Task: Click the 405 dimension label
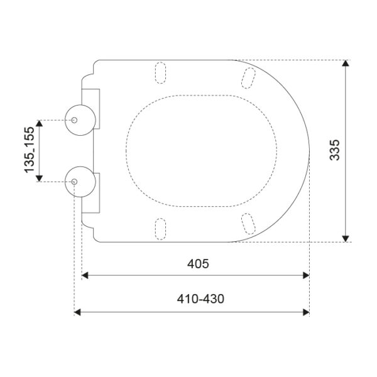pyautogui.click(x=198, y=264)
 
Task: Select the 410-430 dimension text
pyautogui.click(x=200, y=299)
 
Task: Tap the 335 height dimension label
pyautogui.click(x=334, y=150)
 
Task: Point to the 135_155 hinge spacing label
pyautogui.click(x=30, y=150)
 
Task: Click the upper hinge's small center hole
pyautogui.click(x=74, y=120)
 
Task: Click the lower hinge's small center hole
pyautogui.click(x=74, y=182)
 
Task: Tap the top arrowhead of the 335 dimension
pyautogui.click(x=346, y=63)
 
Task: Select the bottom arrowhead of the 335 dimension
pyautogui.click(x=346, y=239)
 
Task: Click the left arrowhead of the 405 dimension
pyautogui.click(x=85, y=275)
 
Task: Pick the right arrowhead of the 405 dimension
pyautogui.click(x=306, y=275)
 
